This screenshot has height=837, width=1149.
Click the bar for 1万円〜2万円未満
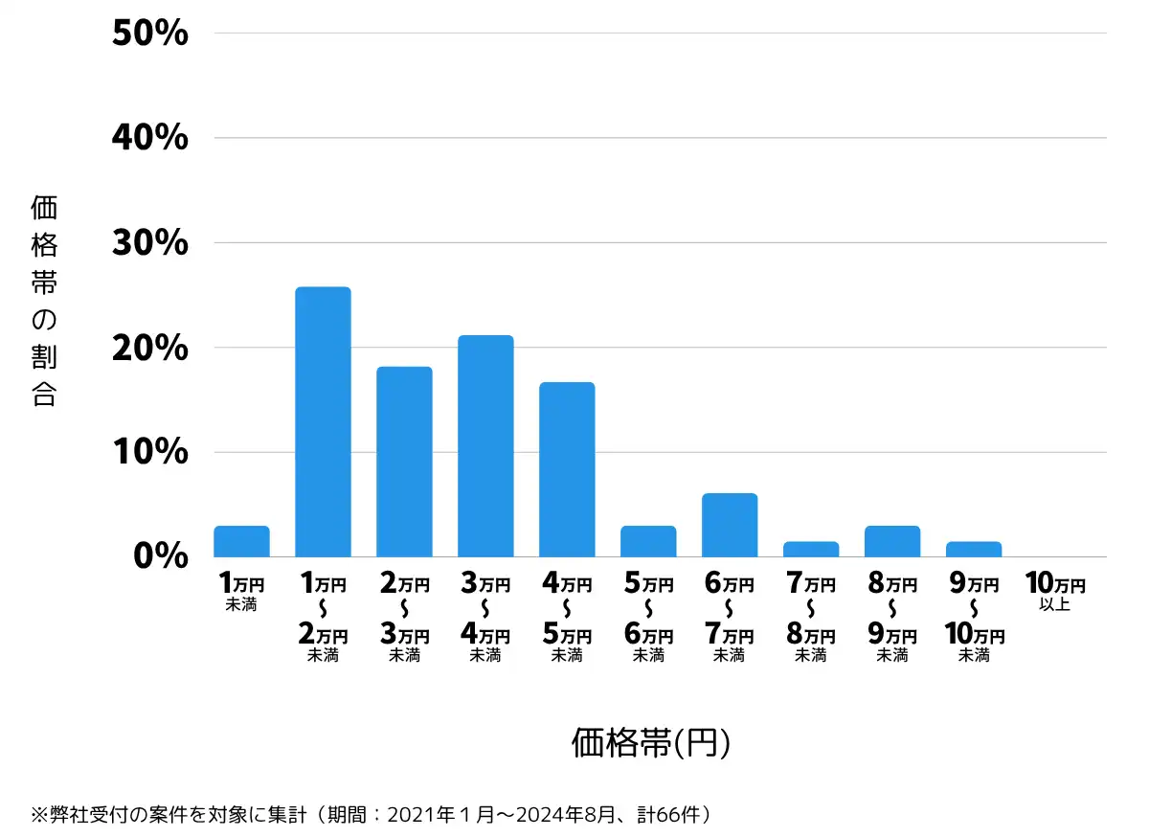323,421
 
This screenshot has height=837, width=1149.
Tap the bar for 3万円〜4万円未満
485,446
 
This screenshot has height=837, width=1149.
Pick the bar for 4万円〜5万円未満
567,469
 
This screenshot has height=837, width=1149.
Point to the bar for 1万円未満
241,542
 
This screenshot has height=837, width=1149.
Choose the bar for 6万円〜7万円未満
730,525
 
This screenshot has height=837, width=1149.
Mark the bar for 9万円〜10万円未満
974,550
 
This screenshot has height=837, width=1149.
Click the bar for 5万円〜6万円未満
648,542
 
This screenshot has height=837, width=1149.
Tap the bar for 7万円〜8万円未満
811,550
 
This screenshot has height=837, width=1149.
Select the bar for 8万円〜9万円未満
892,542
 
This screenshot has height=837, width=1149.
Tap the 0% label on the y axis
161,556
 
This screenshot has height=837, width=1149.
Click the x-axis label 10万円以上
1055,591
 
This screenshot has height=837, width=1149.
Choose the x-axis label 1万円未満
241,591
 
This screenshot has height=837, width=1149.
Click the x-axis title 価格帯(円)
651,742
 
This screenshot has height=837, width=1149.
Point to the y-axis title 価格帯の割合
44,301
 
